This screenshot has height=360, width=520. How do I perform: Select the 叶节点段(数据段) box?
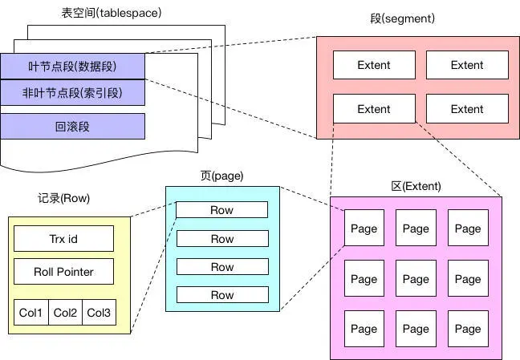click(x=72, y=66)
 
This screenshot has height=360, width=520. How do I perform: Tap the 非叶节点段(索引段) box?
click(x=72, y=93)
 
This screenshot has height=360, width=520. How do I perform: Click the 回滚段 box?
click(x=72, y=126)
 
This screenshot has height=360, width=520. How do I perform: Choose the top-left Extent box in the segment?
click(x=373, y=65)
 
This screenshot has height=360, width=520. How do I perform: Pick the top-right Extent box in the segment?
click(x=467, y=65)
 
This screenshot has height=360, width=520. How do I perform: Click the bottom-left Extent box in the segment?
click(x=373, y=109)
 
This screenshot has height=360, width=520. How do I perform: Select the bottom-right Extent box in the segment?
click(x=467, y=109)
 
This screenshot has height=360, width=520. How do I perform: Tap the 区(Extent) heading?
click(x=415, y=186)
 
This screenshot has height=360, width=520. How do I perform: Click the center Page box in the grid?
click(x=416, y=279)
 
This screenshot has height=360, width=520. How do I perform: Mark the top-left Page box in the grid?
click(x=364, y=229)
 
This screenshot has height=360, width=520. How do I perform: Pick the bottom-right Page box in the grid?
click(x=468, y=329)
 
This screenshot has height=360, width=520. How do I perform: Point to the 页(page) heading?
click(x=221, y=176)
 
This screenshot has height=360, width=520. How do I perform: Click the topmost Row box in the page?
click(x=222, y=210)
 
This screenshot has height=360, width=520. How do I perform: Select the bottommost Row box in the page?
click(x=222, y=295)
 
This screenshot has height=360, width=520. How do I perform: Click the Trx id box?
click(x=63, y=238)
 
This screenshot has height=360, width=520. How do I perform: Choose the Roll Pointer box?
click(x=63, y=272)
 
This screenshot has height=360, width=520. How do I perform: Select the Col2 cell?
click(x=64, y=312)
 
